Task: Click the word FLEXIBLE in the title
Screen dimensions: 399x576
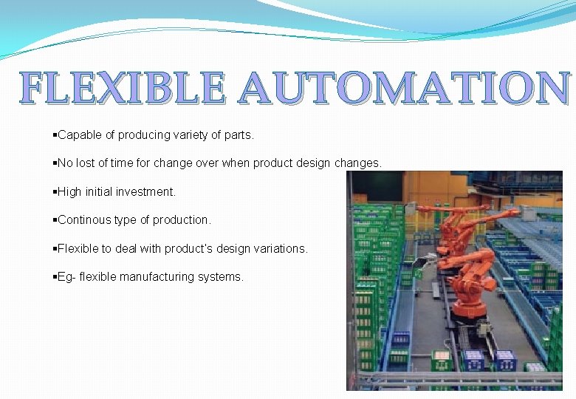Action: tap(123, 89)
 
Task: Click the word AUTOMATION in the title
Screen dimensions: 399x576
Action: tap(405, 89)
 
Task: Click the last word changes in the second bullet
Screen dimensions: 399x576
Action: tap(357, 163)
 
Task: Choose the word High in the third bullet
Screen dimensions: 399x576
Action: tap(70, 192)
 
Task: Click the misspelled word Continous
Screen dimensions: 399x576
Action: tap(83, 220)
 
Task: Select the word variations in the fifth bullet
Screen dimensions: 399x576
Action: tap(281, 249)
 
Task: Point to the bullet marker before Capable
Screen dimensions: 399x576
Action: tap(55, 135)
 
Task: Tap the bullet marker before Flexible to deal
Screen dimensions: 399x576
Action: tap(55, 249)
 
